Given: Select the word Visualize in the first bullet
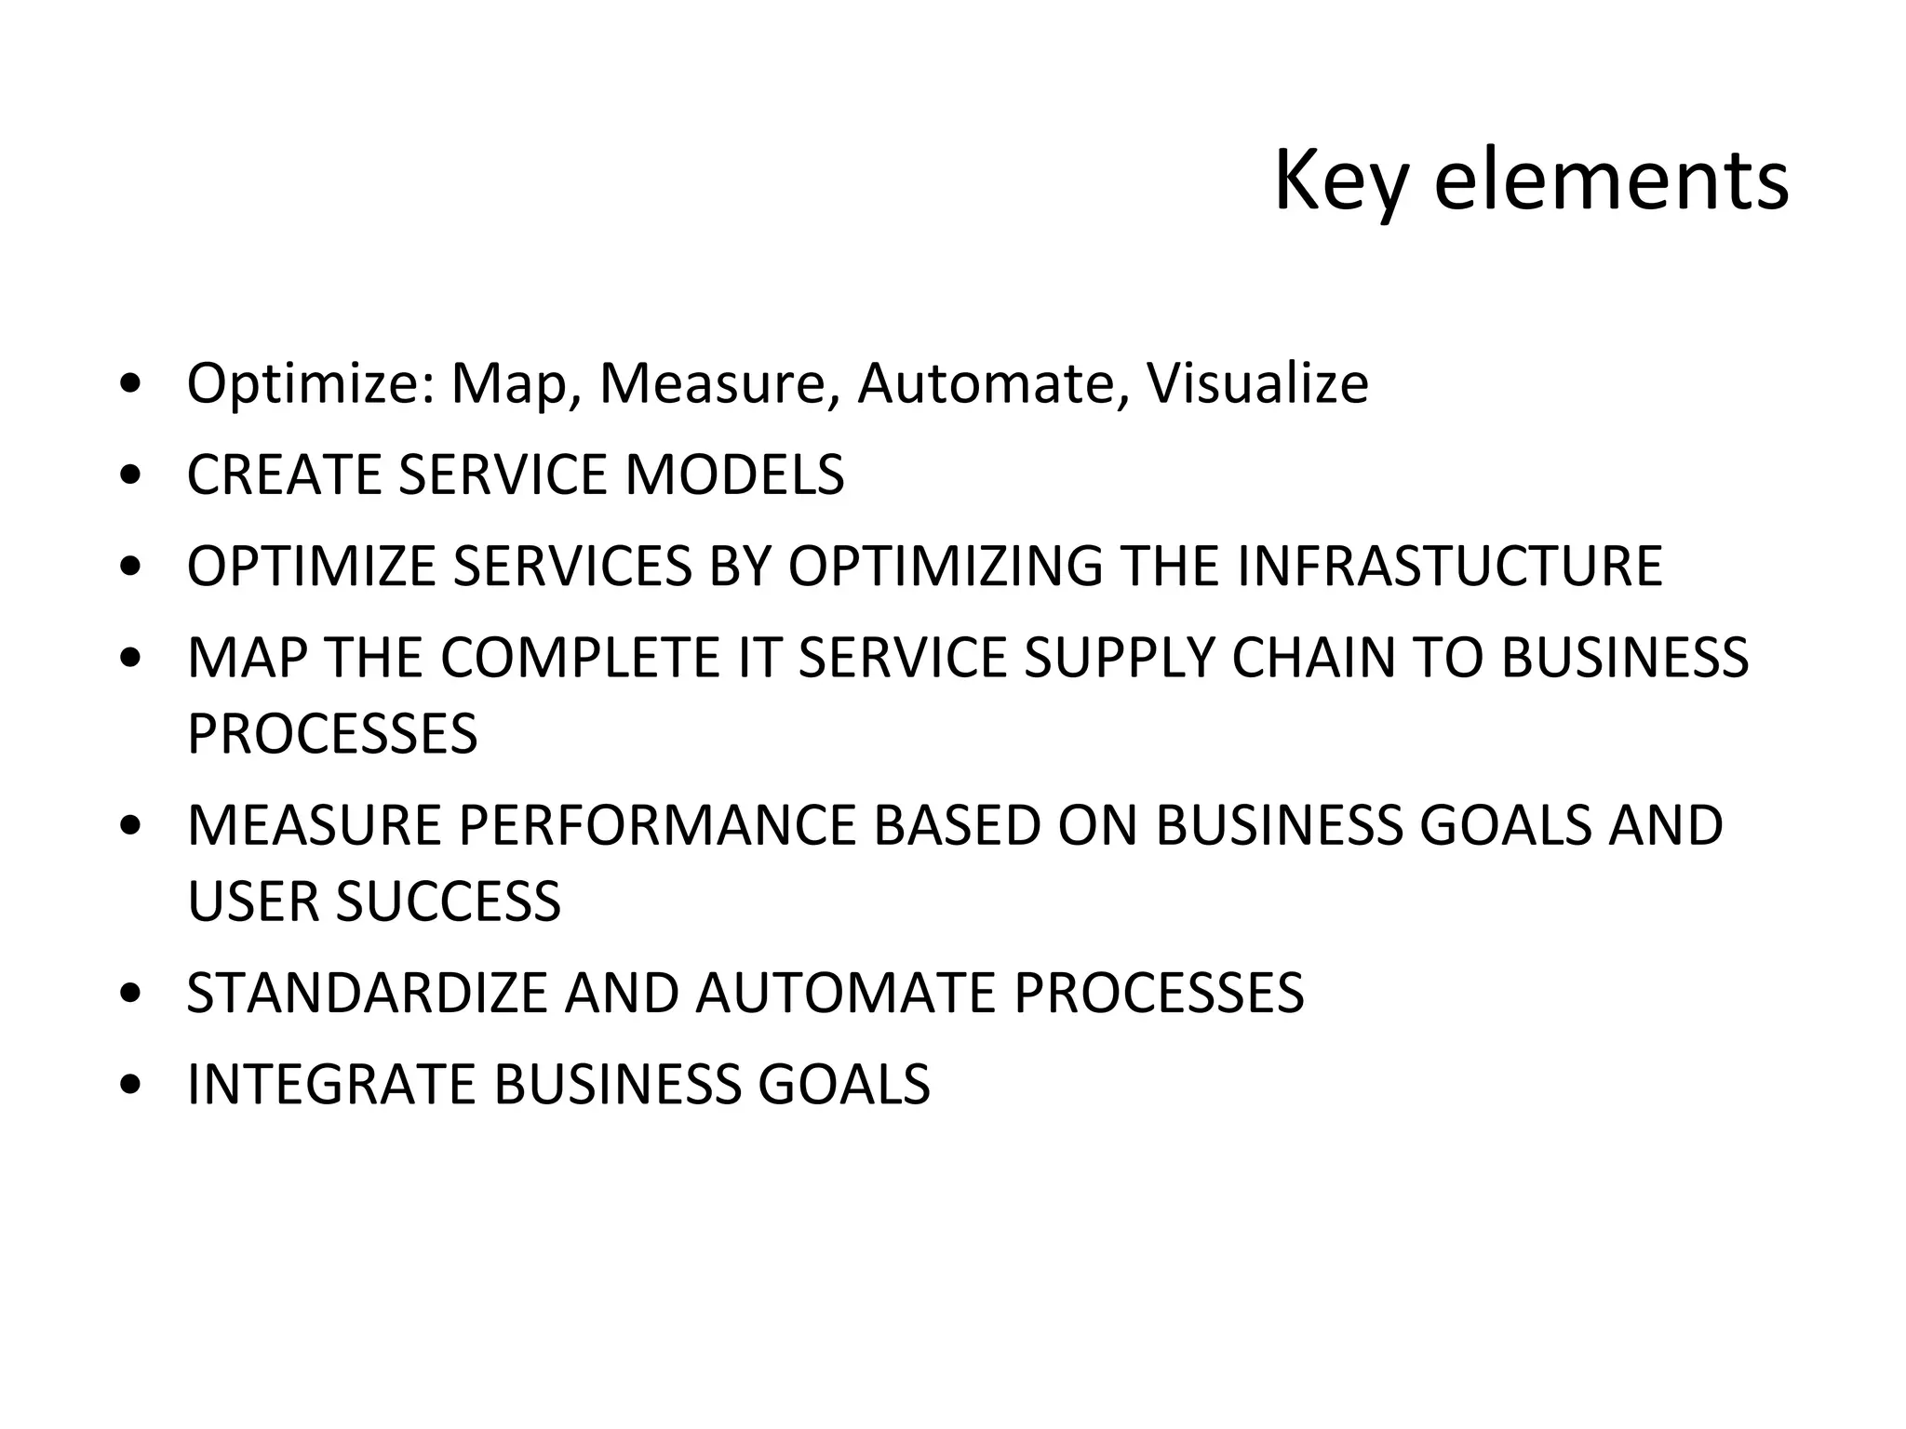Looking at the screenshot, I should click(1257, 382).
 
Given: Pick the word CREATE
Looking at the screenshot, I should click(283, 474).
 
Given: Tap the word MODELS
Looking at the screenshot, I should click(734, 474).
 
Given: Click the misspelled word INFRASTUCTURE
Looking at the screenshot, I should click(1449, 566).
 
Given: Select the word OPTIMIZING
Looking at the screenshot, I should click(945, 566).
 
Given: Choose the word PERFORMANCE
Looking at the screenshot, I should click(656, 825).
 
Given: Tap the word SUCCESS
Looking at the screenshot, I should click(448, 901).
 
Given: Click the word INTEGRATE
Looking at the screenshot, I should click(331, 1084).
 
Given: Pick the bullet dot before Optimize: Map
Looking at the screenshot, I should click(131, 384).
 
